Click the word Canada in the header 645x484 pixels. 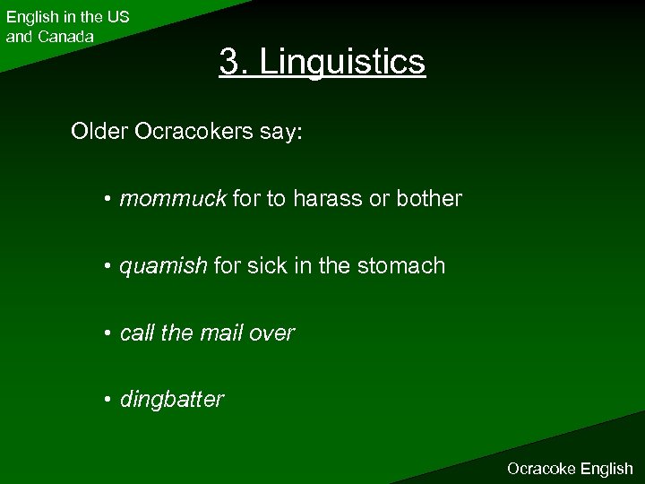[x=64, y=37]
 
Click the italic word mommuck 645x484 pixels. [x=173, y=198]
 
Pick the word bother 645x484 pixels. [x=429, y=198]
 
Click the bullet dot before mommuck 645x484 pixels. [x=107, y=199]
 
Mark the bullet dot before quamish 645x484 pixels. [x=107, y=267]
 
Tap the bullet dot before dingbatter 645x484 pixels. [x=107, y=400]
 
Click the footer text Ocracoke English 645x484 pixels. [x=570, y=468]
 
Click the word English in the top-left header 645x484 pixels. [x=34, y=19]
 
